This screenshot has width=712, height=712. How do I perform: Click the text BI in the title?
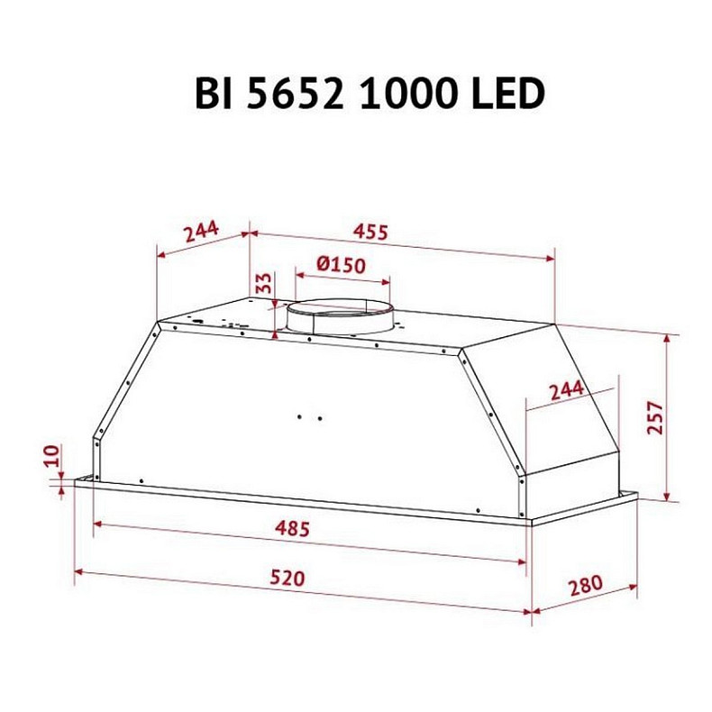click(214, 94)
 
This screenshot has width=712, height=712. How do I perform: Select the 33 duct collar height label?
click(262, 283)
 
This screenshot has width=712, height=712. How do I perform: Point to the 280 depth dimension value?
click(585, 587)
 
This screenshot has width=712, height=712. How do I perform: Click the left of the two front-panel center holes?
click(299, 416)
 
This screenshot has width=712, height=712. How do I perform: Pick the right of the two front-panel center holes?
click(318, 417)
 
